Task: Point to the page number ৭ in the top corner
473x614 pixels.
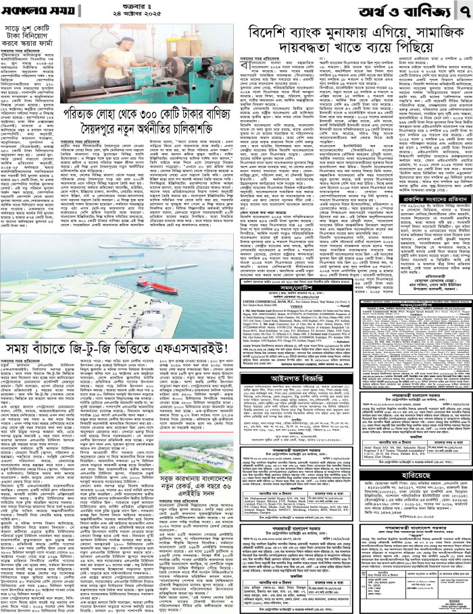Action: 462,11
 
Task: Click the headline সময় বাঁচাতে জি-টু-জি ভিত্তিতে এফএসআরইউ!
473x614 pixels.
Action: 115,348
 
